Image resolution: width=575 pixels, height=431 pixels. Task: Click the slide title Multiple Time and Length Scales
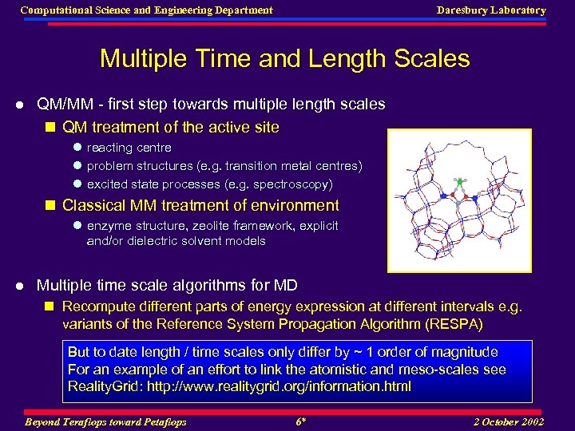(x=284, y=58)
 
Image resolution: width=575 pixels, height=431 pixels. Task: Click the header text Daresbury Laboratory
(x=490, y=10)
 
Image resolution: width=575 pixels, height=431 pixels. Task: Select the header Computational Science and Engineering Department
(x=146, y=10)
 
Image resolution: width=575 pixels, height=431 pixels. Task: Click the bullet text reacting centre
(x=129, y=148)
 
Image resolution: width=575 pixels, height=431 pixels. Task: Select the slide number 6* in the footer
(x=301, y=421)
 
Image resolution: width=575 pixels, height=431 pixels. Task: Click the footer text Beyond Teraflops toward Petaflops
(x=105, y=421)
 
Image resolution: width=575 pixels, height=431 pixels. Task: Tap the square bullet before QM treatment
(x=51, y=128)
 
